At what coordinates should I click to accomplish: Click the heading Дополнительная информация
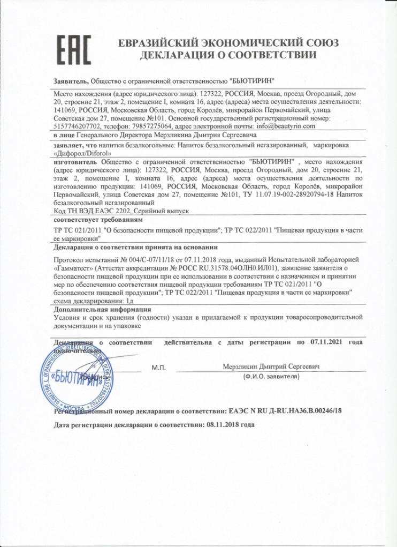click(x=103, y=310)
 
